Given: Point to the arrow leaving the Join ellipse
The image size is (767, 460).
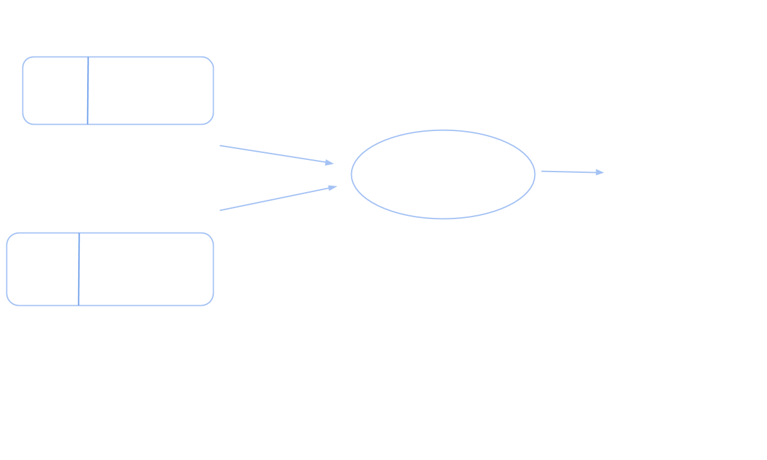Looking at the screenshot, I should coord(571,172).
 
